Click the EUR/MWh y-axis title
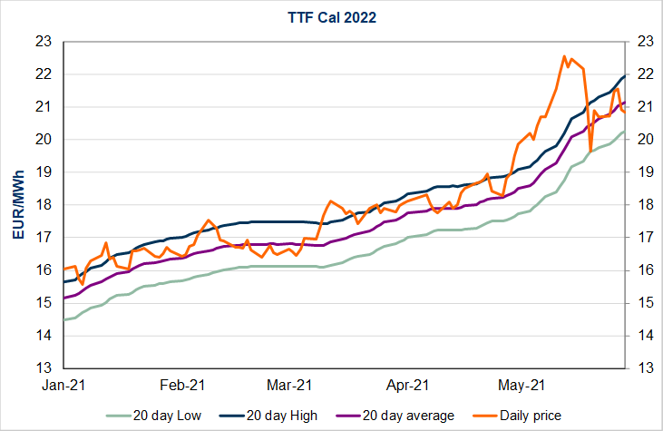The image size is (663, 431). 18,205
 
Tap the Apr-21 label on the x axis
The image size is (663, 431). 408,385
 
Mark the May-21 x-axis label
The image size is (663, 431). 521,385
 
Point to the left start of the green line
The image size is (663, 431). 64,319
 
